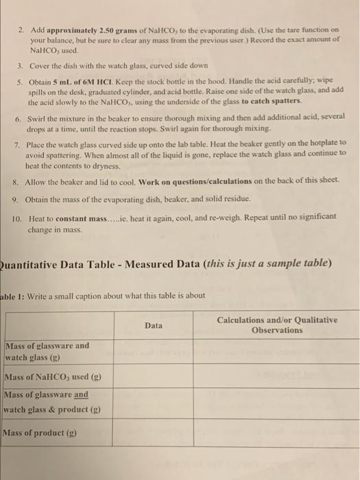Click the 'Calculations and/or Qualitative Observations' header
pyautogui.click(x=276, y=324)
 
